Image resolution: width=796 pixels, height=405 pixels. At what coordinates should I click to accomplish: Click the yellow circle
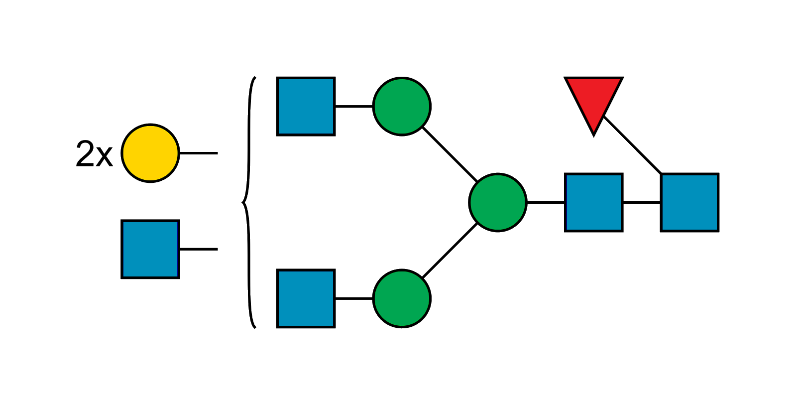[150, 153]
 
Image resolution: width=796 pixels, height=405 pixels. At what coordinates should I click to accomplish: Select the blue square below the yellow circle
[150, 249]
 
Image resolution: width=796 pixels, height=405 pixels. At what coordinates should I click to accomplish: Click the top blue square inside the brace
[306, 106]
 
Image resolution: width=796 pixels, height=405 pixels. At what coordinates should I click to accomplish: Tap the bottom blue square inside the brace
[306, 298]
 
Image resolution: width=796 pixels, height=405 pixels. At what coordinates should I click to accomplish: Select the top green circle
[402, 106]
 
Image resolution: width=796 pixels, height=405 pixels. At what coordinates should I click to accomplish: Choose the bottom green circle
[402, 298]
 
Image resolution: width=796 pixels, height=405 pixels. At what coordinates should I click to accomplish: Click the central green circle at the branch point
[498, 202]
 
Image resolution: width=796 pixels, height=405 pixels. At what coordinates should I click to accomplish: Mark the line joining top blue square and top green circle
[354, 107]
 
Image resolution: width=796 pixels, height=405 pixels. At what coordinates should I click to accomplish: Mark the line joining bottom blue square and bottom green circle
[354, 298]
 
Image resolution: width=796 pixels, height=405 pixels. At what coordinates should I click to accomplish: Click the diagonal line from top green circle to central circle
[450, 154]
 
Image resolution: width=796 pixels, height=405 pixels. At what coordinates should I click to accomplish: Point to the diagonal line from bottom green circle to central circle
[450, 251]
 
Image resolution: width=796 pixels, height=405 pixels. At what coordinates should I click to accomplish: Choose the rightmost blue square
[689, 202]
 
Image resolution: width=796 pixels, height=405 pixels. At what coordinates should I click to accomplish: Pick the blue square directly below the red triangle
[593, 202]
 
